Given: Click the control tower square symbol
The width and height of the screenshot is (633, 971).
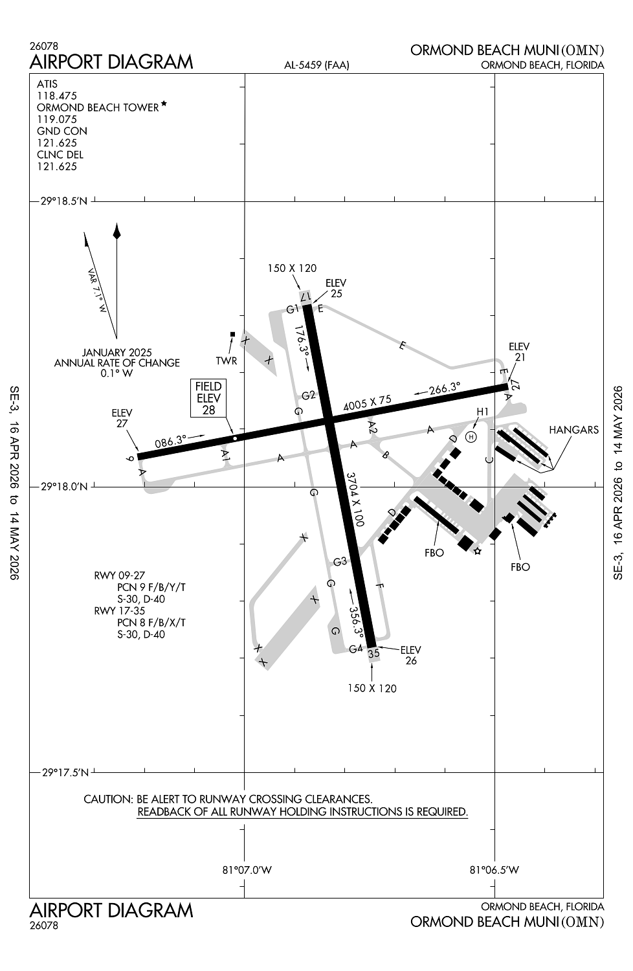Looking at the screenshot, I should pos(232,334).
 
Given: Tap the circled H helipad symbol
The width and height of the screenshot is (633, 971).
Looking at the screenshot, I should pos(471,437).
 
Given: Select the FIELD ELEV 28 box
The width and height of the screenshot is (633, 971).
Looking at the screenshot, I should pos(208,398).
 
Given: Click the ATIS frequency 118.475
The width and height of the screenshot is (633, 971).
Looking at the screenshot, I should pos(57,96).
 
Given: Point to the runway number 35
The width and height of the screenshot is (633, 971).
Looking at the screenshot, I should pos(373,654).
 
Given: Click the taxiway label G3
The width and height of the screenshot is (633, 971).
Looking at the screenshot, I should pos(340,561).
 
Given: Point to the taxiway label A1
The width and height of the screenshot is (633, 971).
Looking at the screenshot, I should pos(225,456).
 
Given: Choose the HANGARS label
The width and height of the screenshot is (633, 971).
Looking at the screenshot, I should pos(573,430).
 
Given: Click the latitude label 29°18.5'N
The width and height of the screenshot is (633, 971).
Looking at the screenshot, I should pos(63,201).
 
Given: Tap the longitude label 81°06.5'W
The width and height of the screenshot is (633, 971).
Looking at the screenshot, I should pos(494,870).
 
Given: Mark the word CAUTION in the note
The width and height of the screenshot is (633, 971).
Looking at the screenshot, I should pos(107,799).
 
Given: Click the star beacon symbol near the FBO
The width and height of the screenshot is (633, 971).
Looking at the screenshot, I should pos(478,552).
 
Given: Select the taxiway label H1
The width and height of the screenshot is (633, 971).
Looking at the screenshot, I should pos(483,412).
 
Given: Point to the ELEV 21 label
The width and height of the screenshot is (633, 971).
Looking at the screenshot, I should pos(519,352).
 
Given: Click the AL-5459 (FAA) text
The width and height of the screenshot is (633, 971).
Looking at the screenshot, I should pos(316,65).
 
